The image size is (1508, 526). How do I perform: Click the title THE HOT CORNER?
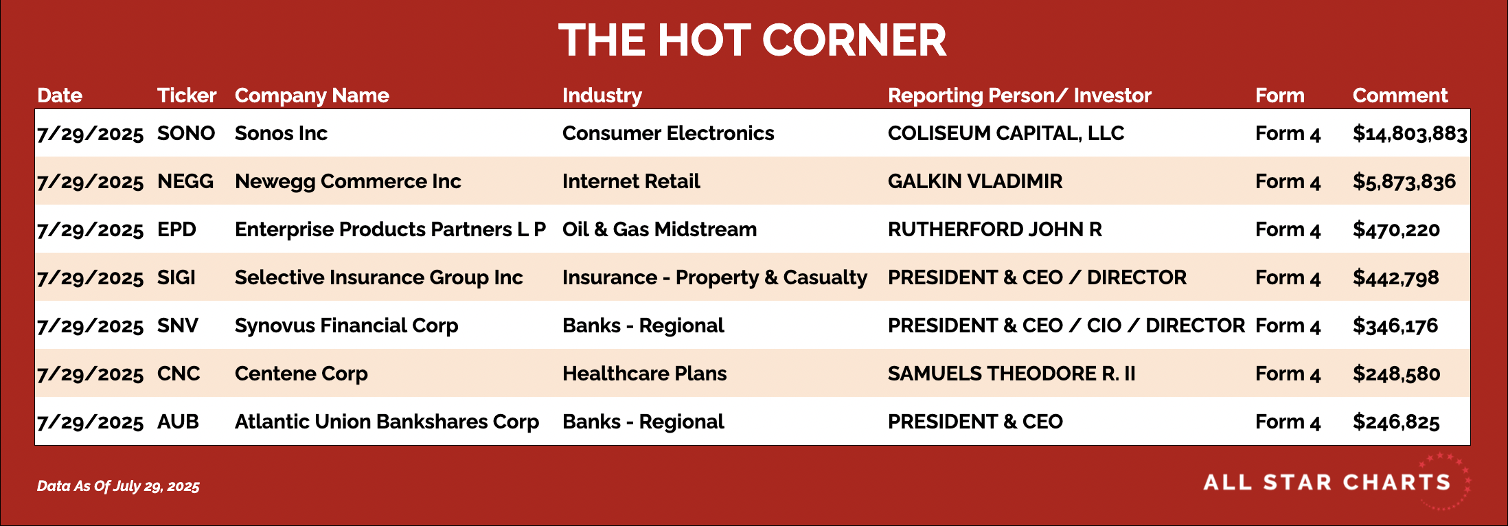tap(753, 40)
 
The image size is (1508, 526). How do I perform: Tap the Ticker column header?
tap(187, 95)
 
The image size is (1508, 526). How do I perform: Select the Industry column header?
tap(602, 96)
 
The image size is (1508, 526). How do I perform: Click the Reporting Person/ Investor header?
tap(1020, 96)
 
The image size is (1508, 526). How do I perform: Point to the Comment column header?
tap(1400, 95)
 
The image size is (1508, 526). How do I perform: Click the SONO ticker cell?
tap(186, 133)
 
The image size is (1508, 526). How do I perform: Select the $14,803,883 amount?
tap(1410, 134)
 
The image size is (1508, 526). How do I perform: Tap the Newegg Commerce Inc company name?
tap(348, 181)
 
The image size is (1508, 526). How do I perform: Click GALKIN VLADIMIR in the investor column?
tap(975, 181)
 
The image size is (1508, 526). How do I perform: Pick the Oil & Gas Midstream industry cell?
tap(660, 229)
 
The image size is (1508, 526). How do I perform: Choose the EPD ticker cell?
tap(176, 229)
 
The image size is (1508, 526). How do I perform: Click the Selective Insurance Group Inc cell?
tap(379, 277)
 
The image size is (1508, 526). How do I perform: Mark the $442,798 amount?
tap(1396, 278)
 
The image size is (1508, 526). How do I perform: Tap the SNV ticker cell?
tap(178, 325)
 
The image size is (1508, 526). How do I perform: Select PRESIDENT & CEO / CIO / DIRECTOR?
tap(1066, 325)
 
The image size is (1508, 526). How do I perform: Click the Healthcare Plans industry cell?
tap(645, 374)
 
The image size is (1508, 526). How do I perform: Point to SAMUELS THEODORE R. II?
tap(1012, 374)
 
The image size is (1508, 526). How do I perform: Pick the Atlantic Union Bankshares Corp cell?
tap(387, 422)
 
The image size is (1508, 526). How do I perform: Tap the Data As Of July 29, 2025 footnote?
tap(118, 486)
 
